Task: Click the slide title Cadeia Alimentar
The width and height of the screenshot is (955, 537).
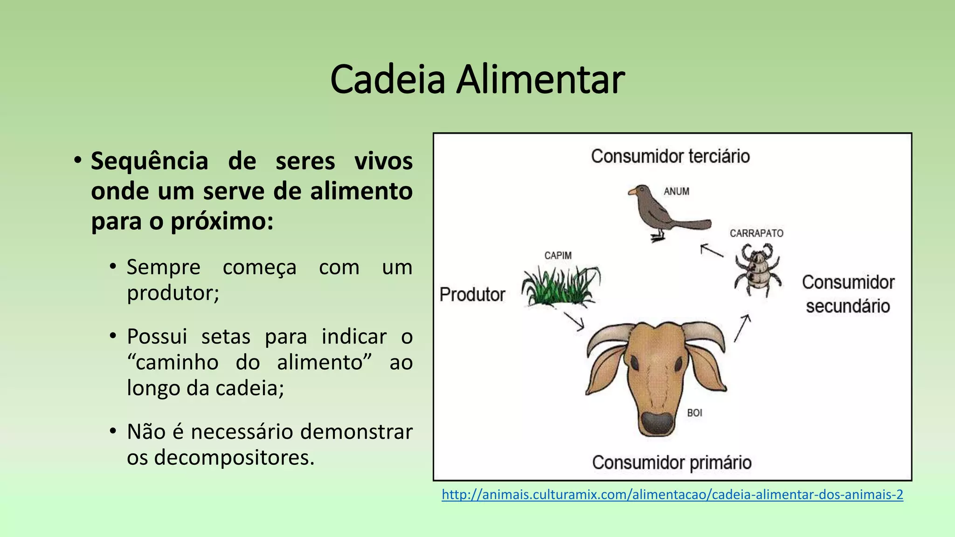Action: pos(477,80)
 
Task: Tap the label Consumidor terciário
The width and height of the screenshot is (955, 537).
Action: pos(670,156)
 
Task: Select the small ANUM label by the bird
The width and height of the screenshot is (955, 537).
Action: pos(676,191)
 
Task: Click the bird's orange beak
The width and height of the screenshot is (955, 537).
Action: pos(633,192)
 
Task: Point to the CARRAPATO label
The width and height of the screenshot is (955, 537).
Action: pos(756,233)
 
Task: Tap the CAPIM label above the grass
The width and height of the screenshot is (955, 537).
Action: pos(558,255)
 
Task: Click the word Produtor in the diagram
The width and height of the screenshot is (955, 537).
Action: pos(472,295)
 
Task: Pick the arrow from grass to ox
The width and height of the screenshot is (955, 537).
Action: pos(574,321)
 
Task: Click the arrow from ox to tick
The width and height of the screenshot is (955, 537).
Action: pos(742,328)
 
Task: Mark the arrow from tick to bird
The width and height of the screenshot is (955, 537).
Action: pos(712,250)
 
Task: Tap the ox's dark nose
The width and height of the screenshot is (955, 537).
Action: pos(657,422)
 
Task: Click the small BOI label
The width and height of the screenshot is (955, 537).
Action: pos(694,413)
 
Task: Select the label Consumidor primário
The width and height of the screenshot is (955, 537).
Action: pos(671,462)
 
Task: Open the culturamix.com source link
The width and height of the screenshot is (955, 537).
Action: pos(672,495)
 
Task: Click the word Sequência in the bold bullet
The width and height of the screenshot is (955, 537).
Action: pos(149,162)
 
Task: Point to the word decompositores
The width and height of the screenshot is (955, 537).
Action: pos(234,457)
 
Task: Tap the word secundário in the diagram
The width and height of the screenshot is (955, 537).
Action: pos(848,306)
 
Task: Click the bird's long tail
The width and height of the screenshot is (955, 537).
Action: pos(690,225)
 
